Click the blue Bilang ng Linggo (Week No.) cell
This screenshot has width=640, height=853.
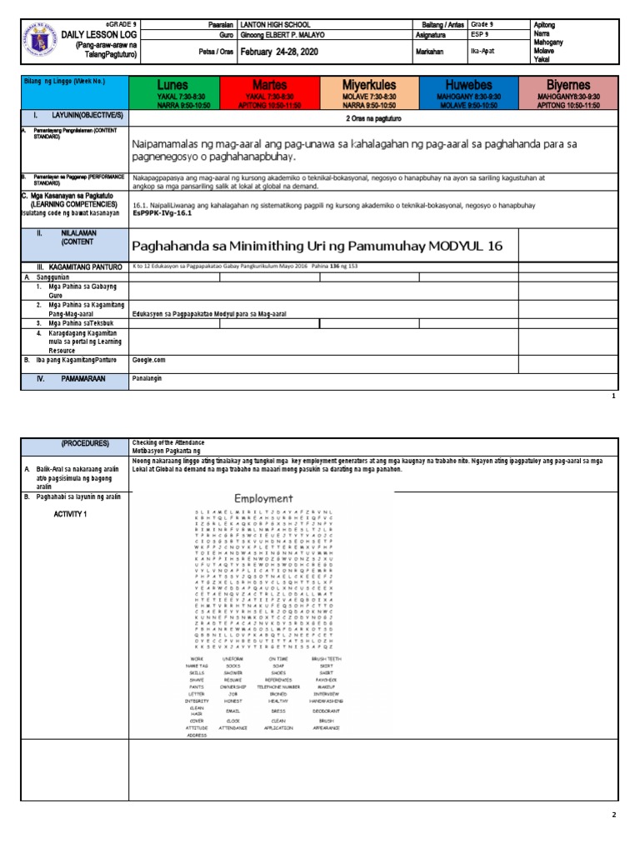74,91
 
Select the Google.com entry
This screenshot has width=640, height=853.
149,361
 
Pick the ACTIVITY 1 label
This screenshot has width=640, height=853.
72,514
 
